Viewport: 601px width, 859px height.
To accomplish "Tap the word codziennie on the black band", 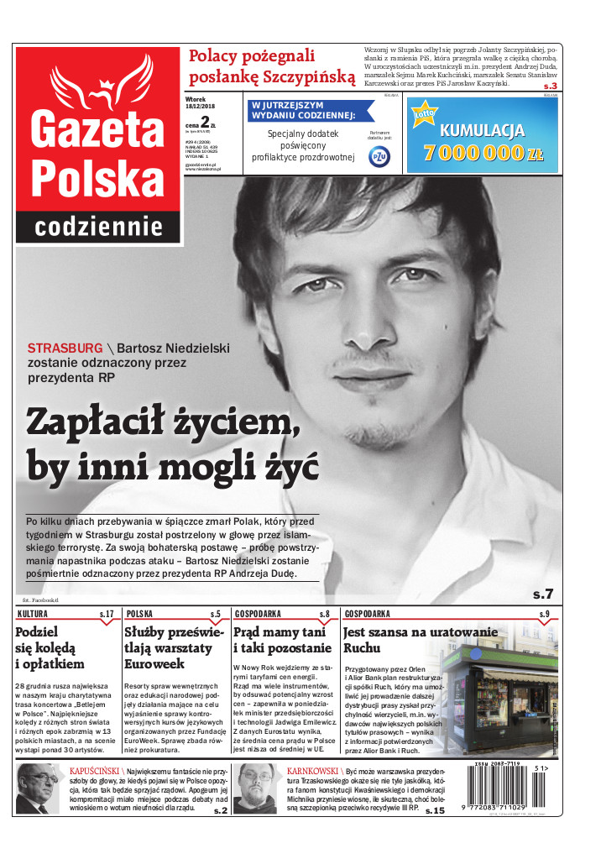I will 99,227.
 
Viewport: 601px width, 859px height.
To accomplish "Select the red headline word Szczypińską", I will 307,77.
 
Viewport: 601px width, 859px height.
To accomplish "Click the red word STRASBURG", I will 65,348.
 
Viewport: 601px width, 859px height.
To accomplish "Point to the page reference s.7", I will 543,594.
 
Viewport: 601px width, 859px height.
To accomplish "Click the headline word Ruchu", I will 362,648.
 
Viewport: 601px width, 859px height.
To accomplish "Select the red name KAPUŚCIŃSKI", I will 93,770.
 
